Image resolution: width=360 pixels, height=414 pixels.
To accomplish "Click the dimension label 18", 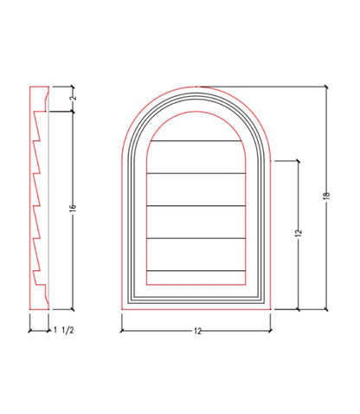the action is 326,195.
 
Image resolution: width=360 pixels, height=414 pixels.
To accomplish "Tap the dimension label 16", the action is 73,207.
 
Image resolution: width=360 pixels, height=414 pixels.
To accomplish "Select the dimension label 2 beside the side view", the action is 74,97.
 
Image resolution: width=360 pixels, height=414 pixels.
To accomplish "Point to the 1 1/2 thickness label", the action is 64,330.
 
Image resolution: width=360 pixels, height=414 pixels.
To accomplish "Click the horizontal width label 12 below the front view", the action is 197,331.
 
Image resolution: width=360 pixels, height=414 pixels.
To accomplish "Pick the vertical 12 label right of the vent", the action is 299,233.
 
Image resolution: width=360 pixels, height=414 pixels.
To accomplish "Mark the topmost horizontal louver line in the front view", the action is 196,141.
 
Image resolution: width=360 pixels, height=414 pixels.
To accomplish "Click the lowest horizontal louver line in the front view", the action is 196,271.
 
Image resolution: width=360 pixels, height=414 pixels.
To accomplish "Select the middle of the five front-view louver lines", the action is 196,206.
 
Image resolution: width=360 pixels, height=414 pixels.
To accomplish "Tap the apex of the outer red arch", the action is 196,87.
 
